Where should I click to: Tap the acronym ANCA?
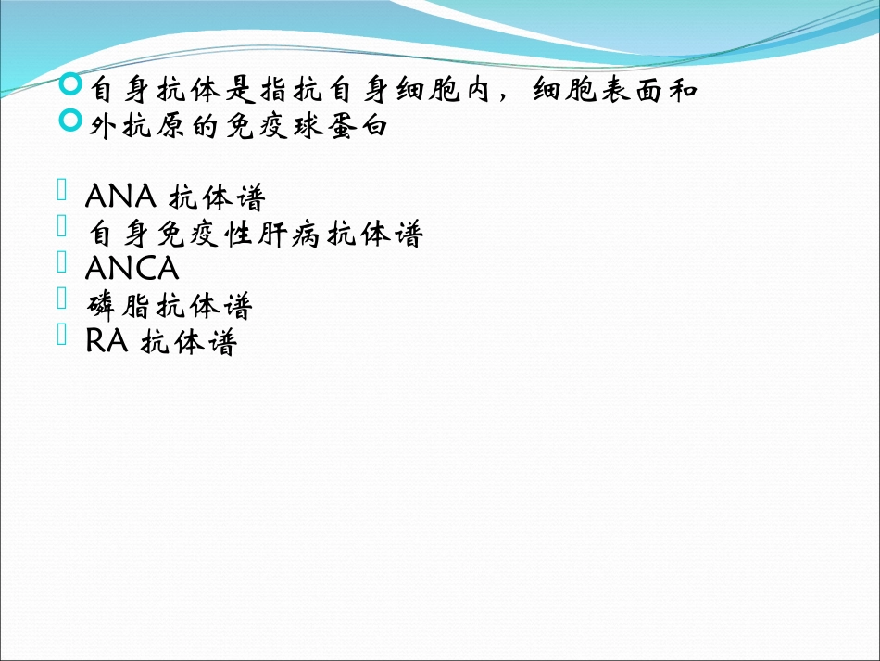pos(131,269)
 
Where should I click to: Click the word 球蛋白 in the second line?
pos(351,127)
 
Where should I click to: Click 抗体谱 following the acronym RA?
pos(190,342)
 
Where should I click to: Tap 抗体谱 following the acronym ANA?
pos(219,197)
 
